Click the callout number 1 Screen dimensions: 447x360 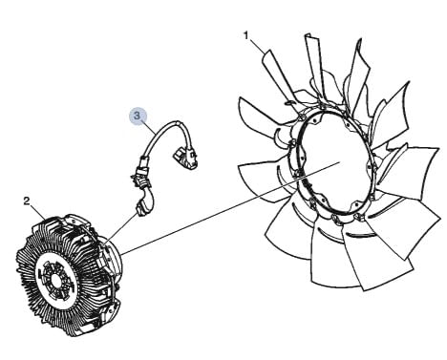coord(245,35)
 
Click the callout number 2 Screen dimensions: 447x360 coord(27,201)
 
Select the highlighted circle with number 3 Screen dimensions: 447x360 coord(137,116)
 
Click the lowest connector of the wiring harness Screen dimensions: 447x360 coord(144,207)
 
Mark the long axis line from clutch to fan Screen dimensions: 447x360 coord(230,208)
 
